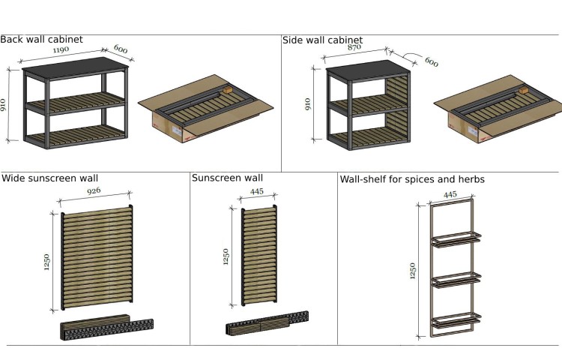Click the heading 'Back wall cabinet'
pos(41,40)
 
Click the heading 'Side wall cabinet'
pos(322,40)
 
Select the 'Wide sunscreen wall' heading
pos(49,178)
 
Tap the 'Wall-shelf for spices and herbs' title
pos(412,179)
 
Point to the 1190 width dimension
pos(61,49)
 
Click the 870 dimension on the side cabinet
pos(354,46)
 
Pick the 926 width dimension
pos(94,190)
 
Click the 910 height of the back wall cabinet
pos(3,105)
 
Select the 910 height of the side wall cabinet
pos(308,104)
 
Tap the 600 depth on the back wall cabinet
pos(121,49)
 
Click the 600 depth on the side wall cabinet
pos(432,62)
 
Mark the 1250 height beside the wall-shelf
pos(413,271)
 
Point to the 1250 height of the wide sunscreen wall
pos(46,262)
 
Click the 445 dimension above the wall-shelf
pos(450,194)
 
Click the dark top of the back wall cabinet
pos(75,67)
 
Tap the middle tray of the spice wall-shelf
pos(456,279)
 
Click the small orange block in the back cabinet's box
pos(228,89)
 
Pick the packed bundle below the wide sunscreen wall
pos(106,327)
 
